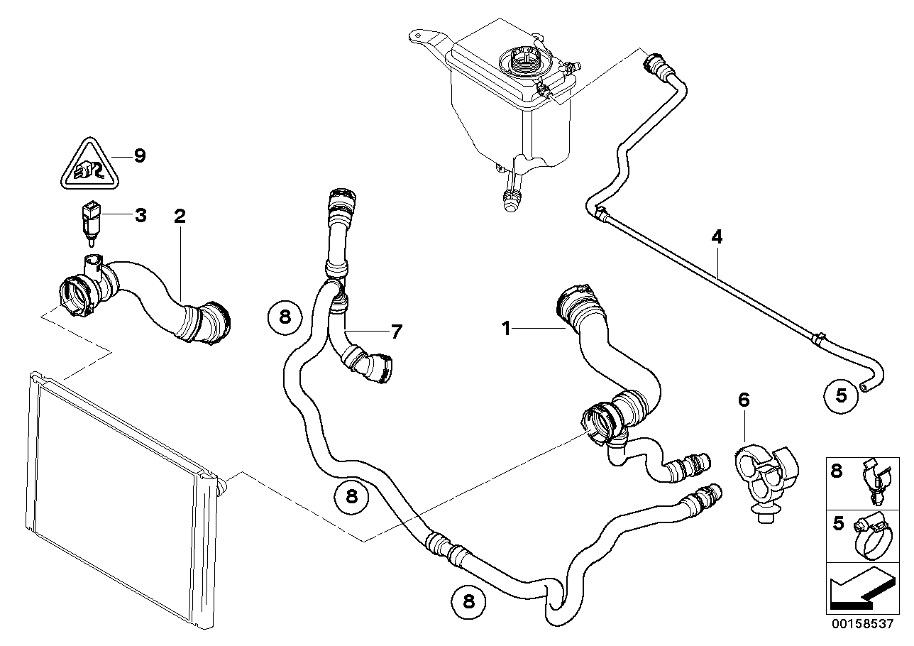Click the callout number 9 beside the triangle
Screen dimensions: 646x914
139,155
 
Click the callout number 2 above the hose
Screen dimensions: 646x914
180,217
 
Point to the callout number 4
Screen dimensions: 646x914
717,237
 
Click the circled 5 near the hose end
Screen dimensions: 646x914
841,396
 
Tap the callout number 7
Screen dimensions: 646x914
395,331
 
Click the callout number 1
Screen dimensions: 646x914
506,329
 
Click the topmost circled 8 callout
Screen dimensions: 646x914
285,317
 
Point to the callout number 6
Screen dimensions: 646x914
743,401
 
